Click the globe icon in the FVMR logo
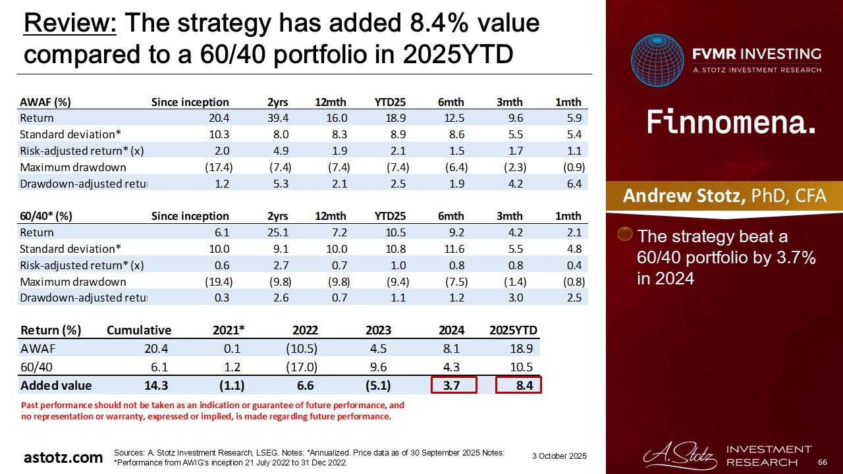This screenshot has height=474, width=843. click(657, 60)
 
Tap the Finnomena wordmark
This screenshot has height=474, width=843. click(731, 122)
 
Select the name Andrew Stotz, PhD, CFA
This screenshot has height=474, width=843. click(724, 196)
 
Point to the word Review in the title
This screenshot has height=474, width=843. click(70, 24)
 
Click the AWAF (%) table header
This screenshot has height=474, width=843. click(45, 102)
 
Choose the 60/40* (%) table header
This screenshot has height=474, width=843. click(46, 216)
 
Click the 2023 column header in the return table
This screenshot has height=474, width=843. click(378, 330)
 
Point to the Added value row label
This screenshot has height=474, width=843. click(56, 385)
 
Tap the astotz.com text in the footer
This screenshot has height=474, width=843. click(63, 458)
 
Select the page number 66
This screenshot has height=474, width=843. click(822, 462)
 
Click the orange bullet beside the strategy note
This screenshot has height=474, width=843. click(627, 235)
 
